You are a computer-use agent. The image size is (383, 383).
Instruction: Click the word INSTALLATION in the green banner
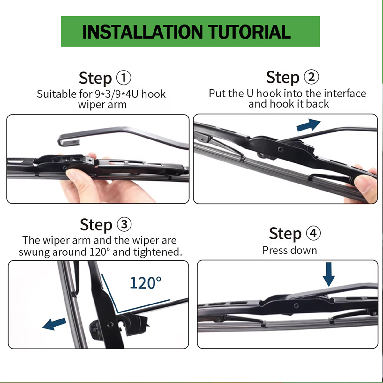tap(142, 32)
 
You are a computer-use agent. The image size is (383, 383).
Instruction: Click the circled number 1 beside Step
tap(124, 78)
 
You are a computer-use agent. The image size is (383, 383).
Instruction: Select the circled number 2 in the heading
tap(311, 77)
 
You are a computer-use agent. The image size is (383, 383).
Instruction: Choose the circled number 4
tap(313, 233)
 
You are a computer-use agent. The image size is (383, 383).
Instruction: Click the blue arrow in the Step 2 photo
tap(308, 125)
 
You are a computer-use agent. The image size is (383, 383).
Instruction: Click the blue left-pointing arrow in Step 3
tap(54, 324)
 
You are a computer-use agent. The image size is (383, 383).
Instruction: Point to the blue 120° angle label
tap(146, 283)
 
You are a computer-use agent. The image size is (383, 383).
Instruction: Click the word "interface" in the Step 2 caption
tap(345, 94)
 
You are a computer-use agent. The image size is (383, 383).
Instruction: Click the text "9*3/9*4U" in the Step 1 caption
tap(116, 94)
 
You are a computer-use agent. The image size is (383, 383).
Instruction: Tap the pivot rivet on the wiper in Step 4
tap(296, 305)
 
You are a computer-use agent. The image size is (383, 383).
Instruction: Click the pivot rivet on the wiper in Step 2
tap(280, 149)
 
